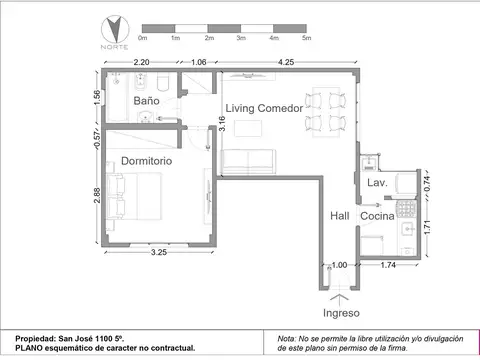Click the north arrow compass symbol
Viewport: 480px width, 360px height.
click(115, 29)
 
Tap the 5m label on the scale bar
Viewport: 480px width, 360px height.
click(307, 38)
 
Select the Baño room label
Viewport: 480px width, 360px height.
click(146, 101)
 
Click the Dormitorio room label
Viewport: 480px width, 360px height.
click(147, 161)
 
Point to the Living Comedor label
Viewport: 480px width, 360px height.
click(264, 108)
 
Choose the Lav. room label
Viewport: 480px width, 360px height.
click(377, 183)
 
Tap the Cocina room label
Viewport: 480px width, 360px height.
click(377, 216)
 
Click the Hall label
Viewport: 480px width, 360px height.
click(340, 216)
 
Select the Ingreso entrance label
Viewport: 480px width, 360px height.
click(341, 313)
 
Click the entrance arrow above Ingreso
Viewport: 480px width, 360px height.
click(340, 299)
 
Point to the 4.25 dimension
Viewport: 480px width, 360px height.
click(286, 62)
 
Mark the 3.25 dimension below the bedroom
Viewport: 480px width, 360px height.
click(159, 252)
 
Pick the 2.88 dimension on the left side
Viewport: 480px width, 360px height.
click(96, 195)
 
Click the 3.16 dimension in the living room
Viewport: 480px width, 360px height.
click(222, 123)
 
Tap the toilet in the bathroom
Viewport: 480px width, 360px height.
click(163, 82)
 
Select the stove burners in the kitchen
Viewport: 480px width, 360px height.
click(407, 209)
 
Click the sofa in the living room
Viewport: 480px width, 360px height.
click(248, 162)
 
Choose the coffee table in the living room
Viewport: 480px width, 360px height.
click(248, 128)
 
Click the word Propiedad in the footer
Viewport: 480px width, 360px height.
click(36, 339)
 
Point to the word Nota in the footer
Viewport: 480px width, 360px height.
click(286, 339)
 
